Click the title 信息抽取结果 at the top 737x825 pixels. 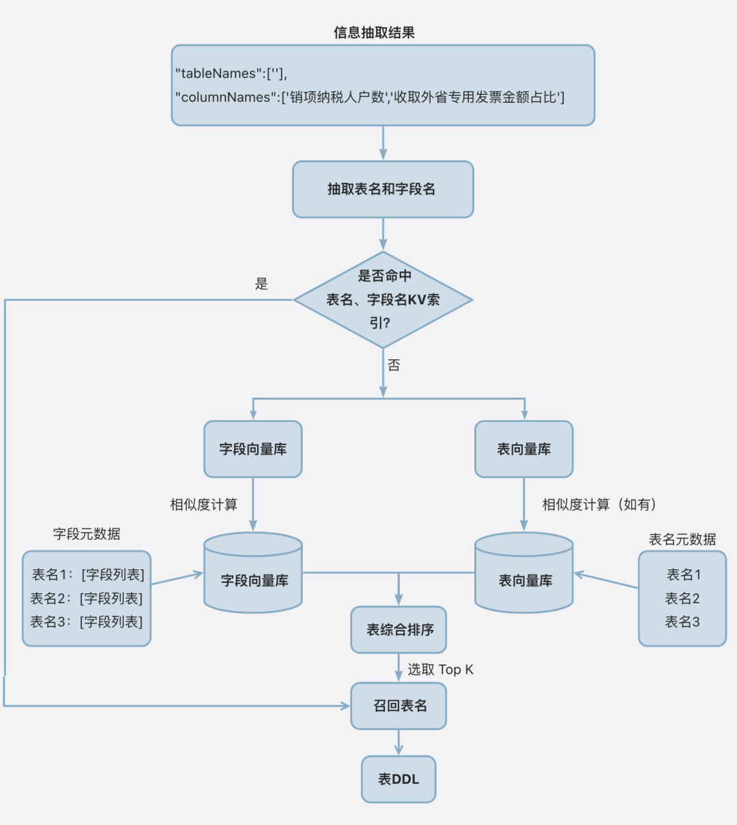[x=374, y=33]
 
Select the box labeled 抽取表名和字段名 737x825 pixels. [x=383, y=190]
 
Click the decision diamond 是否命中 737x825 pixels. [x=383, y=299]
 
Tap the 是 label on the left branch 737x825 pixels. [x=261, y=284]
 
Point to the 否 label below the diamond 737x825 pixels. [x=394, y=365]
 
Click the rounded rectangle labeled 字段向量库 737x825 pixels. [x=252, y=449]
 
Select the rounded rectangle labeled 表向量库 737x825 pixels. [x=523, y=449]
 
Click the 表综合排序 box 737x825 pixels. [x=399, y=630]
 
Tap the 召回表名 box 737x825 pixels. [x=399, y=706]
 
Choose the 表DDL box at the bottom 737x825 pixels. [x=399, y=779]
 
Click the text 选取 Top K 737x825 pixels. [x=440, y=670]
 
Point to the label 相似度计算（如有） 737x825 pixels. [x=599, y=505]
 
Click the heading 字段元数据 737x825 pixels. [x=87, y=534]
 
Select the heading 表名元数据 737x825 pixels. [x=682, y=539]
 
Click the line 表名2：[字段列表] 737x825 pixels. [x=87, y=599]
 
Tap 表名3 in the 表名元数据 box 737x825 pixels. [x=682, y=622]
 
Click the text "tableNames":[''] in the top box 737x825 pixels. [x=231, y=74]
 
